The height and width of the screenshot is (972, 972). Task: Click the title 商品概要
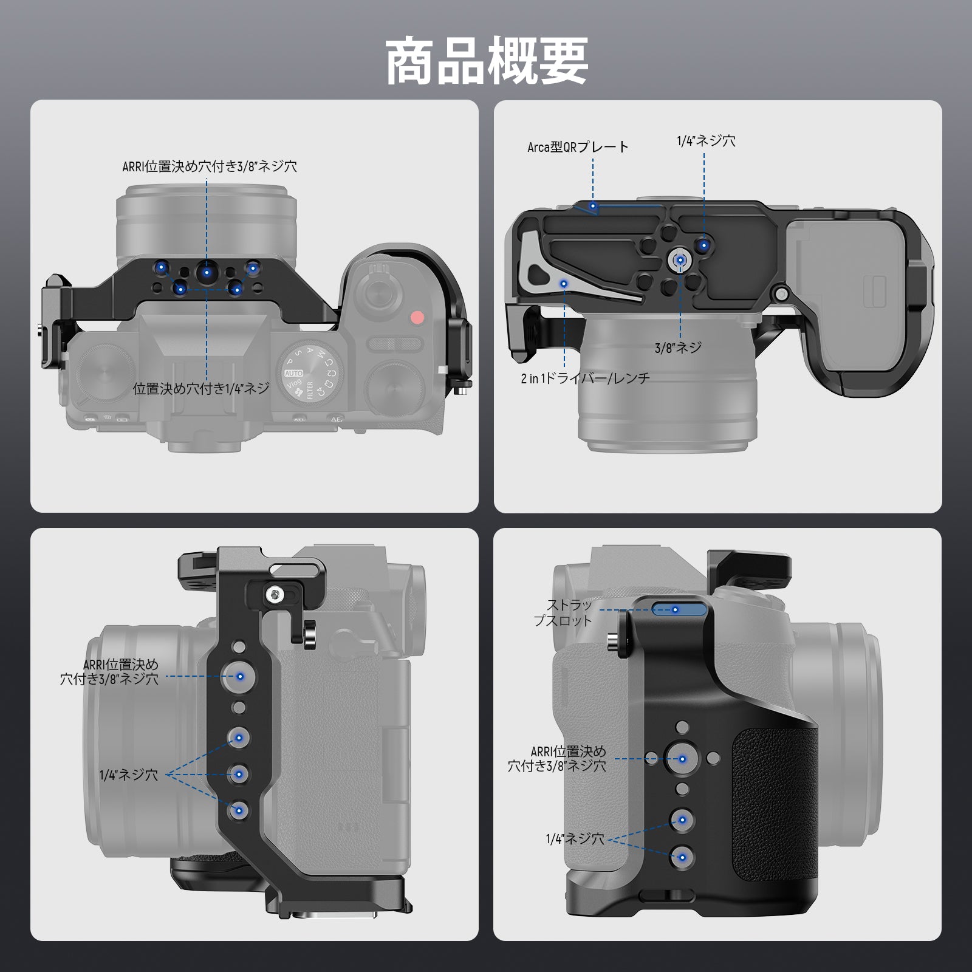(x=487, y=61)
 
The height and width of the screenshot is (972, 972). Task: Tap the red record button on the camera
(x=417, y=317)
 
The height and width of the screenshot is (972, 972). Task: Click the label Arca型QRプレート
(x=578, y=147)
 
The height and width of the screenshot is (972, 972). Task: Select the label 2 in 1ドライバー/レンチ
(x=585, y=378)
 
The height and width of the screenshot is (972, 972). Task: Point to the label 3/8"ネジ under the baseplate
(x=678, y=347)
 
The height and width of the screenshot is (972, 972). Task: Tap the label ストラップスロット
(x=563, y=613)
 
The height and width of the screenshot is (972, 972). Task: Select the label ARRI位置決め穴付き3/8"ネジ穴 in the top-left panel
(x=210, y=166)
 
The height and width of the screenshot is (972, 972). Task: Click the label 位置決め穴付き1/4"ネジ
(x=201, y=389)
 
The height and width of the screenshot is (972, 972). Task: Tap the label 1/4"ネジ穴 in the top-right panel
(x=706, y=141)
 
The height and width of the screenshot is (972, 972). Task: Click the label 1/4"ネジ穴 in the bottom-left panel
(x=129, y=775)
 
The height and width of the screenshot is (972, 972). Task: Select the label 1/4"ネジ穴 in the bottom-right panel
(x=575, y=839)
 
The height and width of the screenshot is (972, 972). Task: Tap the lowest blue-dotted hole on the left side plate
(x=239, y=810)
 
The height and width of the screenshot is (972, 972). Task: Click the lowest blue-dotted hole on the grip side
(x=682, y=857)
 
